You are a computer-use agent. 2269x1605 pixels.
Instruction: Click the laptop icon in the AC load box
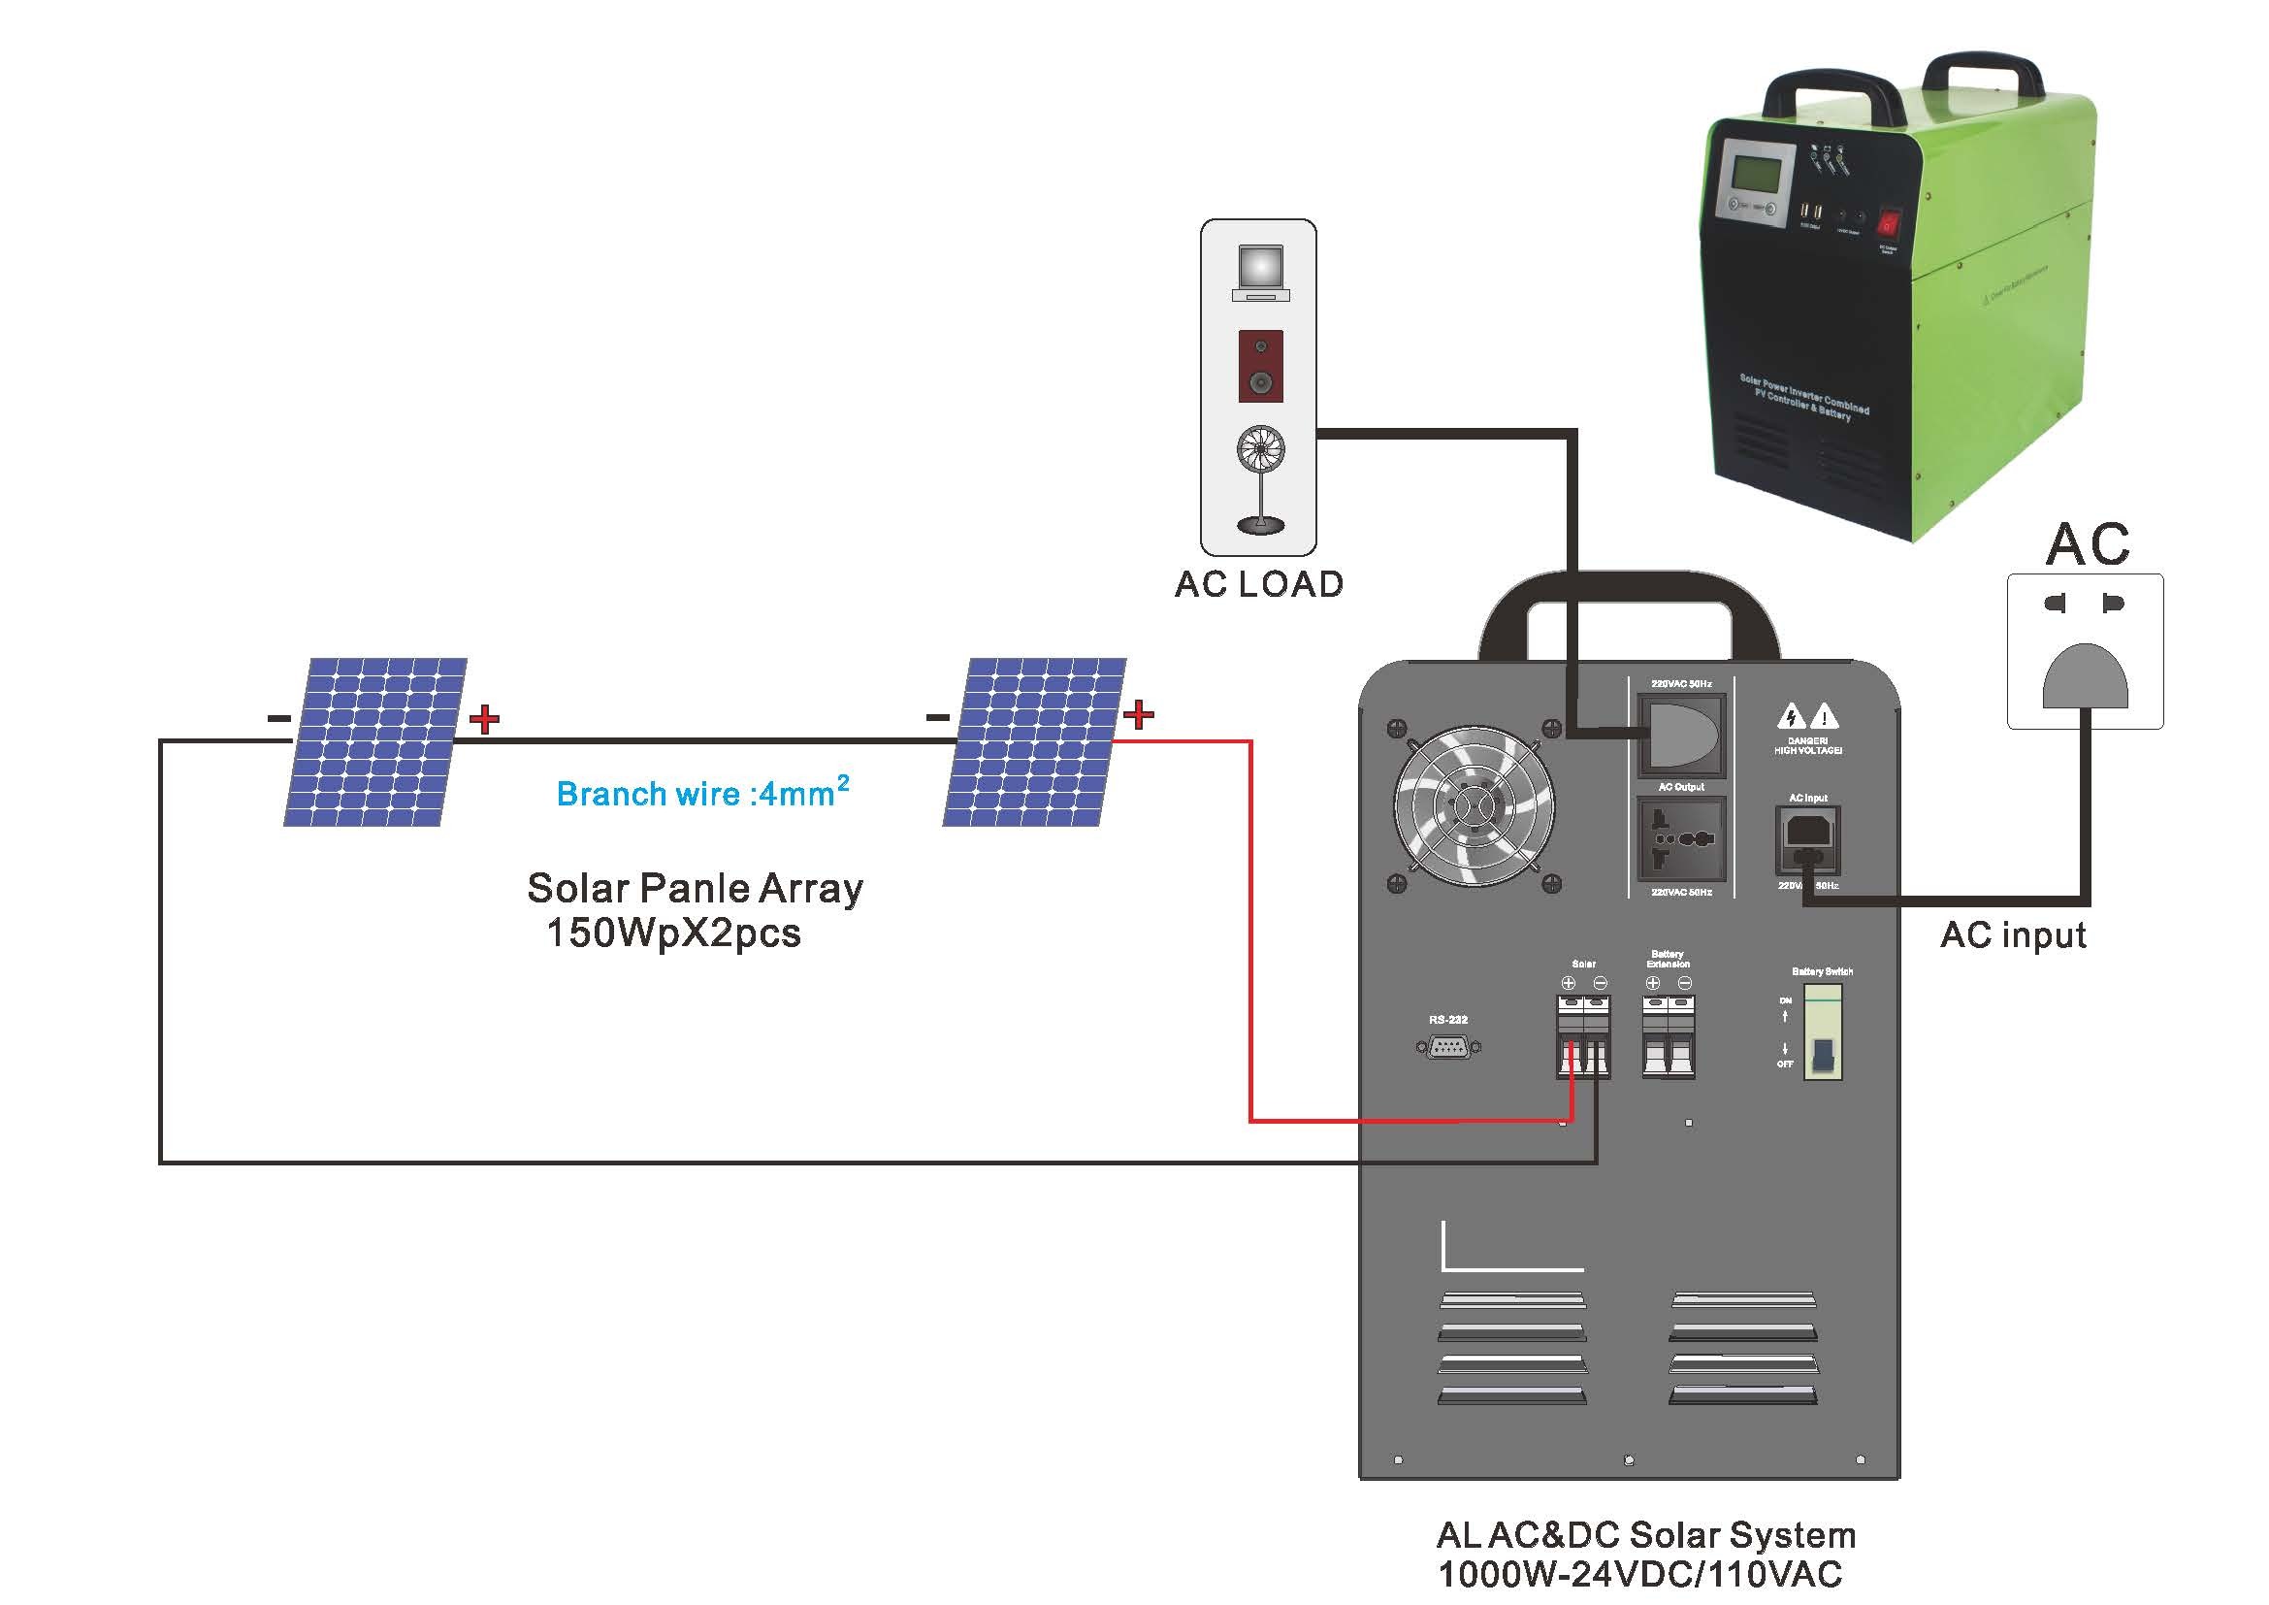pos(1260,273)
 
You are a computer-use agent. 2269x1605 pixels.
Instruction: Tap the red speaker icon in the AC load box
pos(1261,367)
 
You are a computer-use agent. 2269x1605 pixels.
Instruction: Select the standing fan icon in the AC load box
pos(1261,479)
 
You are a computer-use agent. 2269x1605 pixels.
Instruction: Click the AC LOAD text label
pos(1258,584)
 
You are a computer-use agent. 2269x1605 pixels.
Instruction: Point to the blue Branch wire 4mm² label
pos(701,793)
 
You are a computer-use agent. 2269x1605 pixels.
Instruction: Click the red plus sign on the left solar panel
pos(484,718)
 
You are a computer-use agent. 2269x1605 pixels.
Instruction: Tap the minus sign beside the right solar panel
pos(937,717)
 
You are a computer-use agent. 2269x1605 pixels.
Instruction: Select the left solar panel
pos(375,741)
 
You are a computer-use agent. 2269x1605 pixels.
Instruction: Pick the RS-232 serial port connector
pos(1447,1048)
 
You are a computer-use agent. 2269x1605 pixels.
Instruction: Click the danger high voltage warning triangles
pos(1807,715)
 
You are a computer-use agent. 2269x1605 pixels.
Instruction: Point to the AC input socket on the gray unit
pos(1807,841)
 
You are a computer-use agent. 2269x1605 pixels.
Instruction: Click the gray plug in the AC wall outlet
pos(2086,676)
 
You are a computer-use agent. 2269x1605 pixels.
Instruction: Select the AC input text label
pos(2013,934)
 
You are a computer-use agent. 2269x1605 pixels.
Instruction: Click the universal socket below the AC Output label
pos(1681,839)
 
